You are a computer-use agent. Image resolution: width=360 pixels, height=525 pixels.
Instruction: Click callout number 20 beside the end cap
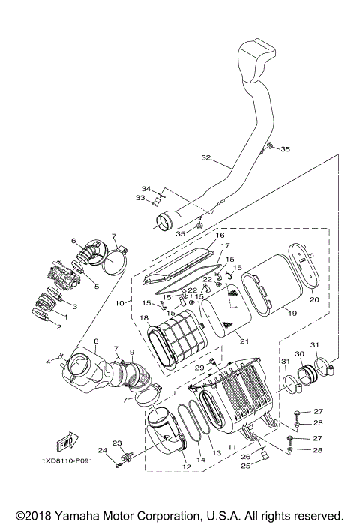pyautogui.click(x=314, y=298)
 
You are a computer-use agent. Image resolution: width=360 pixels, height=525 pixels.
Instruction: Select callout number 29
pyautogui.click(x=200, y=367)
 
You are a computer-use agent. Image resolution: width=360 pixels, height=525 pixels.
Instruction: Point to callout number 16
pyautogui.click(x=220, y=235)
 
